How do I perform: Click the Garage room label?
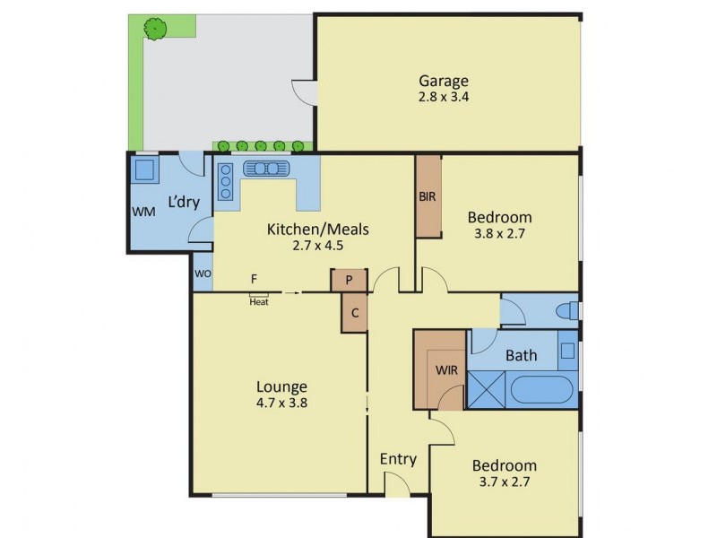(444, 81)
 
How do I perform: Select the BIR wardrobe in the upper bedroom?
(428, 196)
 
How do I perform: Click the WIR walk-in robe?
(446, 369)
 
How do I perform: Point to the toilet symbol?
(565, 310)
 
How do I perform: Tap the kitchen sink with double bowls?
(267, 169)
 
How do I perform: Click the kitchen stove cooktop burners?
(226, 181)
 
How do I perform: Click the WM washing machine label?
(143, 212)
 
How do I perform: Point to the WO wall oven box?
(203, 273)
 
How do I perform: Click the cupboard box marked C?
(354, 313)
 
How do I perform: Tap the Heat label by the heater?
(259, 302)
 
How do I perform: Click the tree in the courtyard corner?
(156, 29)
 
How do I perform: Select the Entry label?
(398, 459)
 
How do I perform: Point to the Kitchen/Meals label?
(317, 229)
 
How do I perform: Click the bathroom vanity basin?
(566, 349)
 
